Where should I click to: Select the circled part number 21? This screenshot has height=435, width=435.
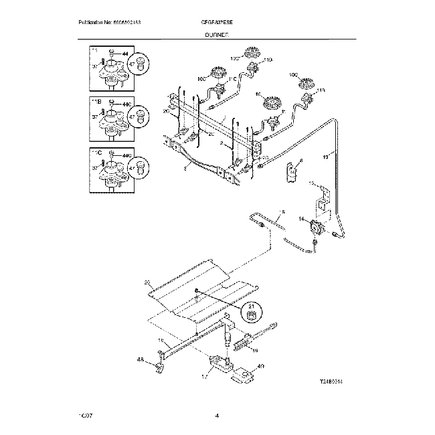point(252,311)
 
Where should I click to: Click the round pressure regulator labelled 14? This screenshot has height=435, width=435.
point(313,228)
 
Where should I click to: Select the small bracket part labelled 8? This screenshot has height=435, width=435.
point(292,171)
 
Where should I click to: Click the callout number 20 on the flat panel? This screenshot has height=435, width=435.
point(147,284)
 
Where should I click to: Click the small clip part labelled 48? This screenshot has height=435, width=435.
point(159,366)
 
